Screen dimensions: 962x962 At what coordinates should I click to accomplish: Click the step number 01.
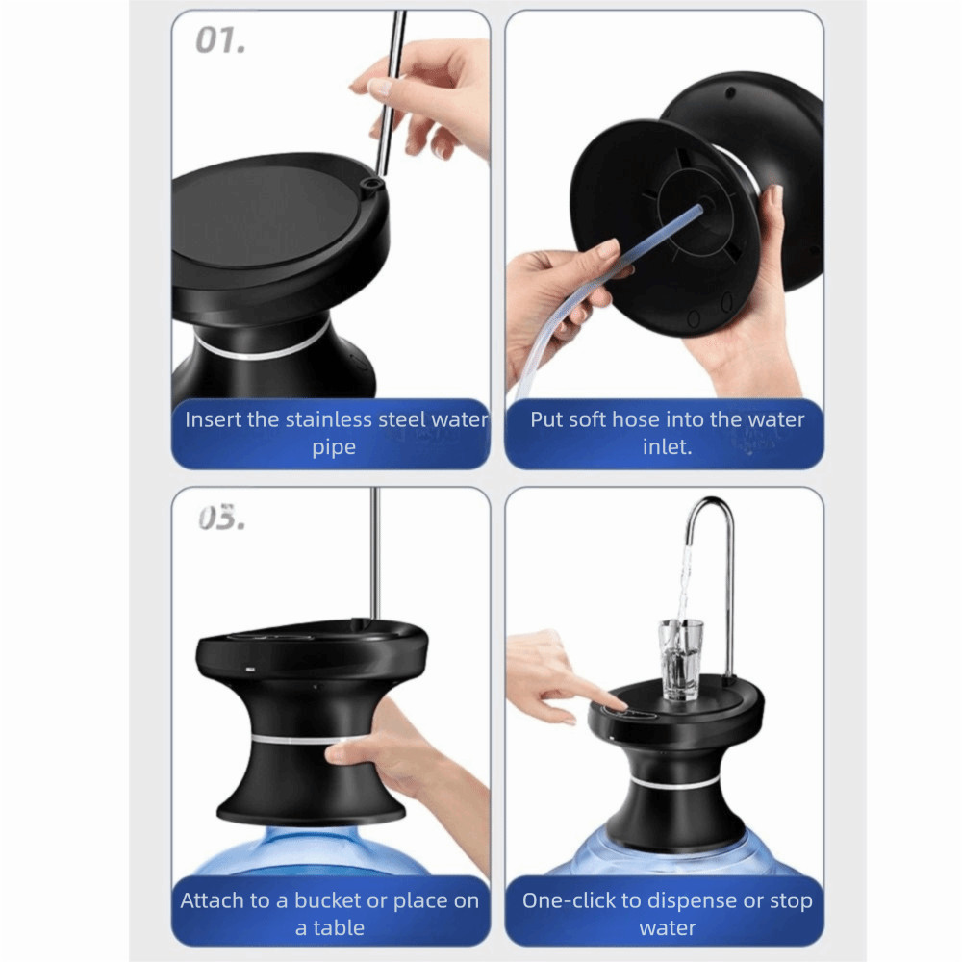tap(220, 40)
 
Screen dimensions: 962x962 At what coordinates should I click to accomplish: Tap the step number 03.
tap(221, 518)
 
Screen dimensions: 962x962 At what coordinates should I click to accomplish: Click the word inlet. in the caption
tap(667, 446)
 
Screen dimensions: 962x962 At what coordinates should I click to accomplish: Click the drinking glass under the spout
tap(680, 660)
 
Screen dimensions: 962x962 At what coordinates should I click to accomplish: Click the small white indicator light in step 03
tap(250, 670)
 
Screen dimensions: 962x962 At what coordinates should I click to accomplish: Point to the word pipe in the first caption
tap(334, 448)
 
